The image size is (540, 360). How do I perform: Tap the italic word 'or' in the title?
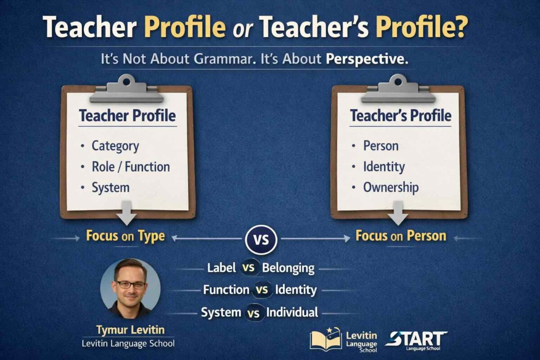pyautogui.click(x=242, y=30)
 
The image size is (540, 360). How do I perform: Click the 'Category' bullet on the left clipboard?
pyautogui.click(x=115, y=146)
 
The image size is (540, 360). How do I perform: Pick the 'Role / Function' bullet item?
pyautogui.click(x=130, y=167)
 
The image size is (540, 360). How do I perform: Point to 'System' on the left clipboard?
pyautogui.click(x=110, y=188)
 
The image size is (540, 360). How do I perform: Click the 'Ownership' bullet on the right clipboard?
pyautogui.click(x=391, y=188)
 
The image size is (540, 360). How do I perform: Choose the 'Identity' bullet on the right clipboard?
pyautogui.click(x=384, y=167)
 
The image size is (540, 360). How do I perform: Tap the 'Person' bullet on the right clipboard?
pyautogui.click(x=381, y=146)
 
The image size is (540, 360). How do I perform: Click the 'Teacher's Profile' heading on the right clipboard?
pyautogui.click(x=400, y=116)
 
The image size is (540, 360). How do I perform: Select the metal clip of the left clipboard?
pyautogui.click(x=126, y=89)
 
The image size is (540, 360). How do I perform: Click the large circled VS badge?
pyautogui.click(x=261, y=240)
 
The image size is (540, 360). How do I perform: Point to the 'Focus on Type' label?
pyautogui.click(x=126, y=236)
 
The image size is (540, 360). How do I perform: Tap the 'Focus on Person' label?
pyautogui.click(x=401, y=236)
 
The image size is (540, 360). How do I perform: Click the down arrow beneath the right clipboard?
pyautogui.click(x=398, y=213)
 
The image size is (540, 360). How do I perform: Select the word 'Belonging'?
pyautogui.click(x=288, y=268)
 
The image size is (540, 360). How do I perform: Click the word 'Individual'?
pyautogui.click(x=292, y=312)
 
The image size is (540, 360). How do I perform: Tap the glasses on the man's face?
pyautogui.click(x=130, y=285)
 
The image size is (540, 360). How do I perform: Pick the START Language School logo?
pyautogui.click(x=416, y=340)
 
